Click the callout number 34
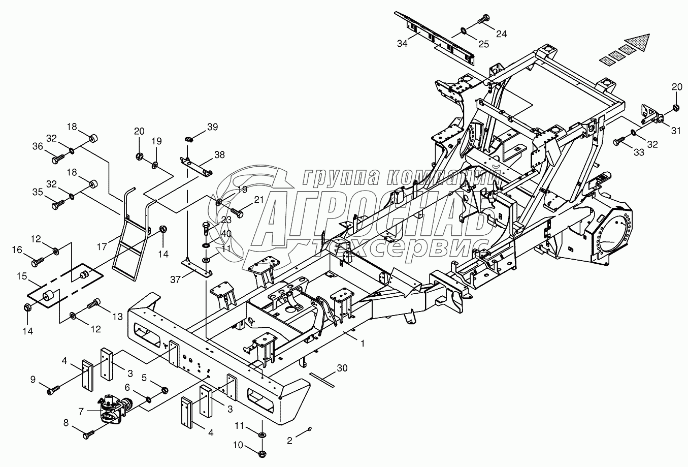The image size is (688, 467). click(x=402, y=44)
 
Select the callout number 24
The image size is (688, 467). click(x=502, y=34)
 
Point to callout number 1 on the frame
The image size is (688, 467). click(x=363, y=344)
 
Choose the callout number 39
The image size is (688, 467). click(x=212, y=126)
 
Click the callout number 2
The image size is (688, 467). click(x=289, y=441)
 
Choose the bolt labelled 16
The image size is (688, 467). click(x=38, y=263)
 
